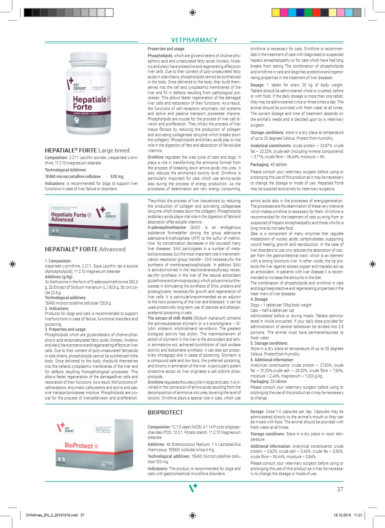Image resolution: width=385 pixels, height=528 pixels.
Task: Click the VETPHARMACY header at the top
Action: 194,40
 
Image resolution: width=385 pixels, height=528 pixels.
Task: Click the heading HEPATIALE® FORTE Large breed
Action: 87,151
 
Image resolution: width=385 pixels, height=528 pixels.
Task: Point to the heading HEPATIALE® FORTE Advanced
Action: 85,249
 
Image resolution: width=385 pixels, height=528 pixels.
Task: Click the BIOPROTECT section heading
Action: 165,413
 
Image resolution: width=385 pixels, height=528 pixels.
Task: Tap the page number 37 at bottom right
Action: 340,489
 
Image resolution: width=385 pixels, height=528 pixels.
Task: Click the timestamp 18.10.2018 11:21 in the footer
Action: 348,515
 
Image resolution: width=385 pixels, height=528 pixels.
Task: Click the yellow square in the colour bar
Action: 276,12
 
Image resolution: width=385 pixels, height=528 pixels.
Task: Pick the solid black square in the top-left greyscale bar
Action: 28,12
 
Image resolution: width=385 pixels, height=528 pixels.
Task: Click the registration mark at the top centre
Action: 192,12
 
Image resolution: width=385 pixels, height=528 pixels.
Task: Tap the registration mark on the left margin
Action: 12,264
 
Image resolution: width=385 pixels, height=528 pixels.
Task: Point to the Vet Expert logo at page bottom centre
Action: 193,488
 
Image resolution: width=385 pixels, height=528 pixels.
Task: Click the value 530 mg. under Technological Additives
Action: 117,176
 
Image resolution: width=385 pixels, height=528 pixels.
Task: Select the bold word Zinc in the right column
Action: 254,234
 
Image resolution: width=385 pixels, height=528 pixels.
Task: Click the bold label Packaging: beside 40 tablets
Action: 259,164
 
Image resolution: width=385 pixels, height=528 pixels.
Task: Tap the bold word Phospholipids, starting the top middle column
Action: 160,56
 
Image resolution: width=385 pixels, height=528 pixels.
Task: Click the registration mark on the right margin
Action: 372,264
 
